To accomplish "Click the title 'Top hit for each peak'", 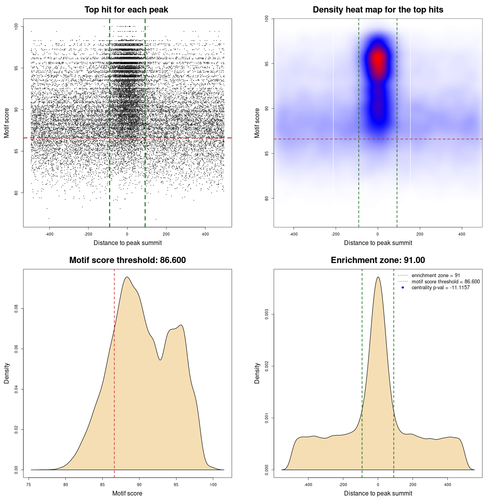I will [126, 10].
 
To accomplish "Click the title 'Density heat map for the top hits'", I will [378, 10].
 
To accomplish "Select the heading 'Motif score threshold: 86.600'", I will [127, 260].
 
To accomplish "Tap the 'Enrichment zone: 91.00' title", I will [378, 260].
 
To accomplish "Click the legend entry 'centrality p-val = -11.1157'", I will [440, 288].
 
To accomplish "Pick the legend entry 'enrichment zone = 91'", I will [436, 276].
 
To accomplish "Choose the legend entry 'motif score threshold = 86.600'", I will [445, 282].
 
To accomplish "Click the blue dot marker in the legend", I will [403, 288].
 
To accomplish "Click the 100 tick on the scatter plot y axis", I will [16, 26].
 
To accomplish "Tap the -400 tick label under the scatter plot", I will [49, 234].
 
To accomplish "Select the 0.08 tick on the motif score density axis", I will [16, 309].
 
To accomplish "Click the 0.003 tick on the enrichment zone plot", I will [267, 314].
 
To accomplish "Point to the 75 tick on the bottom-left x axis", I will [29, 485].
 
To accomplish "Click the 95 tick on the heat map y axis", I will [267, 64].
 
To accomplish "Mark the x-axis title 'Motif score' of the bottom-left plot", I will [127, 493].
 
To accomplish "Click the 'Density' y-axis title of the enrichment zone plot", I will [257, 373].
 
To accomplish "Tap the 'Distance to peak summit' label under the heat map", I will [378, 243].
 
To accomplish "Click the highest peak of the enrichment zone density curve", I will [378, 278].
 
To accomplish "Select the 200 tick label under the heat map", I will [420, 234].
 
